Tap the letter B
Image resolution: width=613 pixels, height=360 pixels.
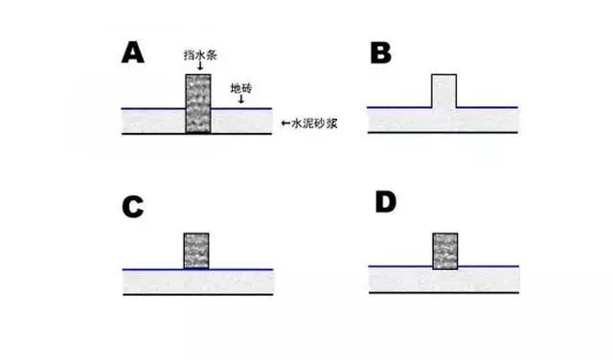(380, 52)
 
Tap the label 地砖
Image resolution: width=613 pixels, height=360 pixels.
(242, 87)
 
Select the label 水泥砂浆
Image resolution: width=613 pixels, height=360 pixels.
(310, 123)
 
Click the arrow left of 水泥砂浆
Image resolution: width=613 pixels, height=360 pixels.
(284, 123)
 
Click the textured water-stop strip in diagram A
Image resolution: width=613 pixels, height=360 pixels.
(197, 103)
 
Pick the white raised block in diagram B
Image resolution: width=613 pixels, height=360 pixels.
(443, 90)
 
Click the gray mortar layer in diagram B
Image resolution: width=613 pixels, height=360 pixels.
(402, 120)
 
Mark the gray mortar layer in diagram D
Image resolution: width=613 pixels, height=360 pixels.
(402, 279)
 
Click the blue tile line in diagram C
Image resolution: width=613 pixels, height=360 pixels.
(239, 269)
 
